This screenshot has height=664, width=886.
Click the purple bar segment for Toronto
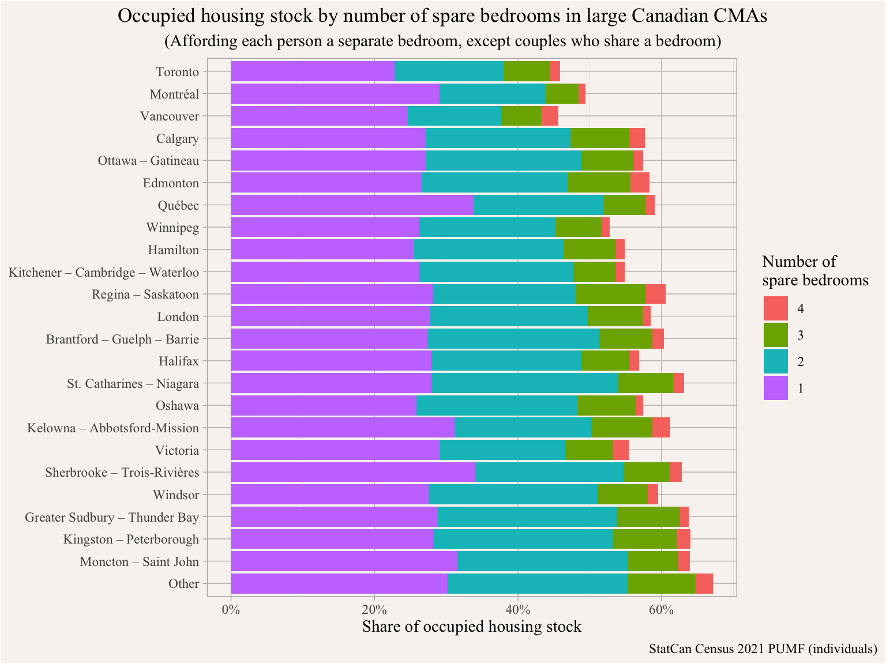pyautogui.click(x=312, y=71)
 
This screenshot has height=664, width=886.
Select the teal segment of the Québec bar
pyautogui.click(x=539, y=205)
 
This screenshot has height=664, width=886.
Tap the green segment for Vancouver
pyautogui.click(x=521, y=116)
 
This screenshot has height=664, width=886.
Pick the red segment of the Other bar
pyautogui.click(x=704, y=584)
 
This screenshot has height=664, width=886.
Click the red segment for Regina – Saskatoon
pyautogui.click(x=655, y=294)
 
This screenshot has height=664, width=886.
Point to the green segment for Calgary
pyautogui.click(x=600, y=138)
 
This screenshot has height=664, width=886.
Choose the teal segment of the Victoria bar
pyautogui.click(x=502, y=450)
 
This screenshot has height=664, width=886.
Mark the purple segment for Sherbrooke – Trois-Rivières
pyautogui.click(x=352, y=473)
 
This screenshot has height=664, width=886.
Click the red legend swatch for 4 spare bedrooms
pyautogui.click(x=775, y=308)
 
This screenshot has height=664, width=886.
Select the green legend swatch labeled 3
pyautogui.click(x=775, y=335)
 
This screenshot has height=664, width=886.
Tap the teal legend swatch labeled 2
pyautogui.click(x=775, y=361)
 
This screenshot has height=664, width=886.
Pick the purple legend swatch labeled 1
pyautogui.click(x=775, y=388)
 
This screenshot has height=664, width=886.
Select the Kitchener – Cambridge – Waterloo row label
pyautogui.click(x=104, y=272)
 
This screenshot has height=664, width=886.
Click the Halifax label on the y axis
pyautogui.click(x=178, y=361)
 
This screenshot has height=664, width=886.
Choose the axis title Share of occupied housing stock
pyautogui.click(x=471, y=627)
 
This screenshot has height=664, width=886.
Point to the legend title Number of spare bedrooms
pyautogui.click(x=815, y=271)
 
